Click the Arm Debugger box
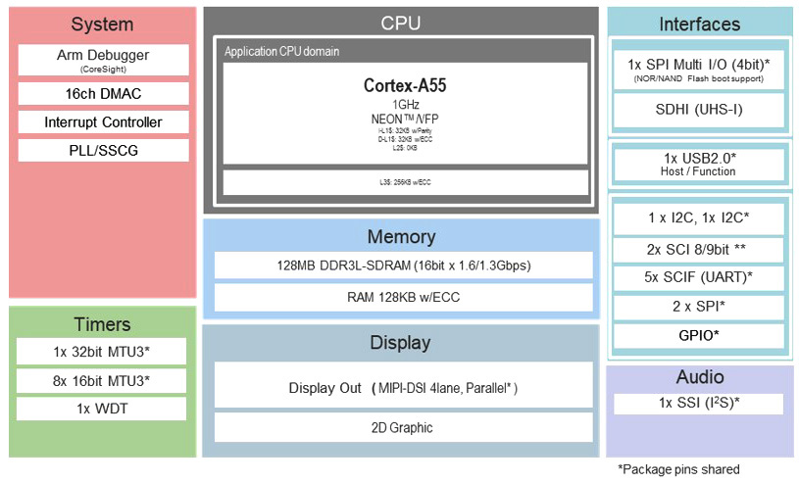click(x=103, y=60)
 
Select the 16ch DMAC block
click(x=103, y=94)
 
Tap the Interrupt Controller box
click(x=103, y=122)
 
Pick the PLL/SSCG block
click(x=103, y=150)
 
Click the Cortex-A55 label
click(x=405, y=85)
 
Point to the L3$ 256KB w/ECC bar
click(x=405, y=182)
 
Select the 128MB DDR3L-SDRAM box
click(x=403, y=266)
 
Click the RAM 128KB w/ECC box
click(x=403, y=297)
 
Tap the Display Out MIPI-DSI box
click(x=403, y=387)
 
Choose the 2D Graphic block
click(x=403, y=427)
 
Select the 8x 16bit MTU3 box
click(x=102, y=380)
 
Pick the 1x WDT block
click(x=102, y=409)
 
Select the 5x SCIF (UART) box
click(x=699, y=277)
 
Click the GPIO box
click(x=699, y=336)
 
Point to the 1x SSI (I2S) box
click(x=699, y=404)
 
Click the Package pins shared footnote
click(x=678, y=469)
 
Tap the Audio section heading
click(x=699, y=377)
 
